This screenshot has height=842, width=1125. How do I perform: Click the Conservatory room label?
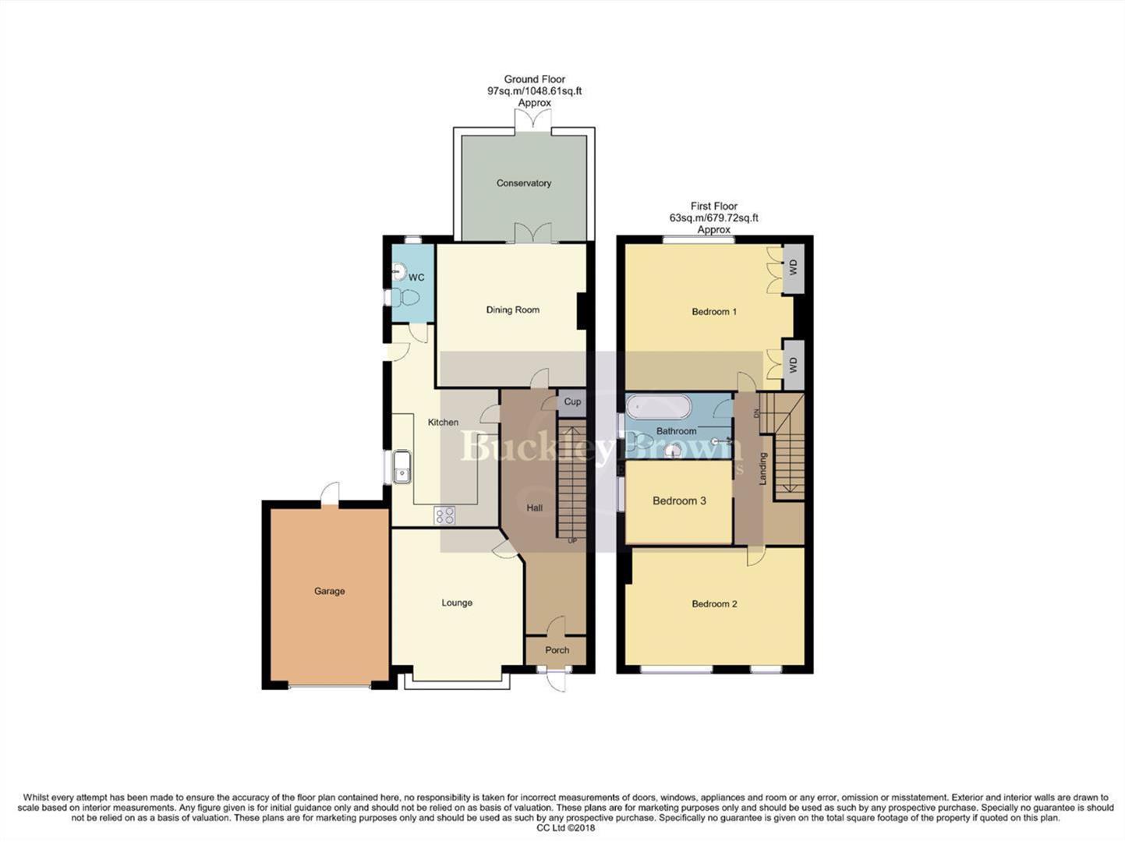(523, 183)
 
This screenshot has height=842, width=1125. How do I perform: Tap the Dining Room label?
(512, 310)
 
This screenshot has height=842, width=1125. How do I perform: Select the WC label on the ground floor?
(416, 278)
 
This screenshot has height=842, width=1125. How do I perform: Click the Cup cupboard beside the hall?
(572, 402)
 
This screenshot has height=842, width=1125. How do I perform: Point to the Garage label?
(329, 591)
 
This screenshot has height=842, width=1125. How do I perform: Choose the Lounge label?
(457, 603)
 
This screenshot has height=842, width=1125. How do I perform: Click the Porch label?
(557, 650)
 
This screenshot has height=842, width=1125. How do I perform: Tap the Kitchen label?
(443, 423)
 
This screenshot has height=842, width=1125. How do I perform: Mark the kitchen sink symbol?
(402, 467)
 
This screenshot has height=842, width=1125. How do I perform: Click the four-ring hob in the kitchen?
(445, 515)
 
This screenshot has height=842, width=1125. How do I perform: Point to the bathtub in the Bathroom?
(659, 407)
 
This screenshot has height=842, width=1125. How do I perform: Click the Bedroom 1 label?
(714, 312)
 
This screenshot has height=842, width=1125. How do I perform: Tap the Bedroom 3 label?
(679, 501)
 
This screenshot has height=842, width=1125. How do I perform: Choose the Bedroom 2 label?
(714, 604)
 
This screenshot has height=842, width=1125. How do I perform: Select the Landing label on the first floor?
(763, 469)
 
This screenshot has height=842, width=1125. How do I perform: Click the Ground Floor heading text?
(534, 80)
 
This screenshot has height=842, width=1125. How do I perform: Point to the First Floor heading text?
(713, 207)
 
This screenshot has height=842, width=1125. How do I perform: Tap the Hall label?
(534, 508)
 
